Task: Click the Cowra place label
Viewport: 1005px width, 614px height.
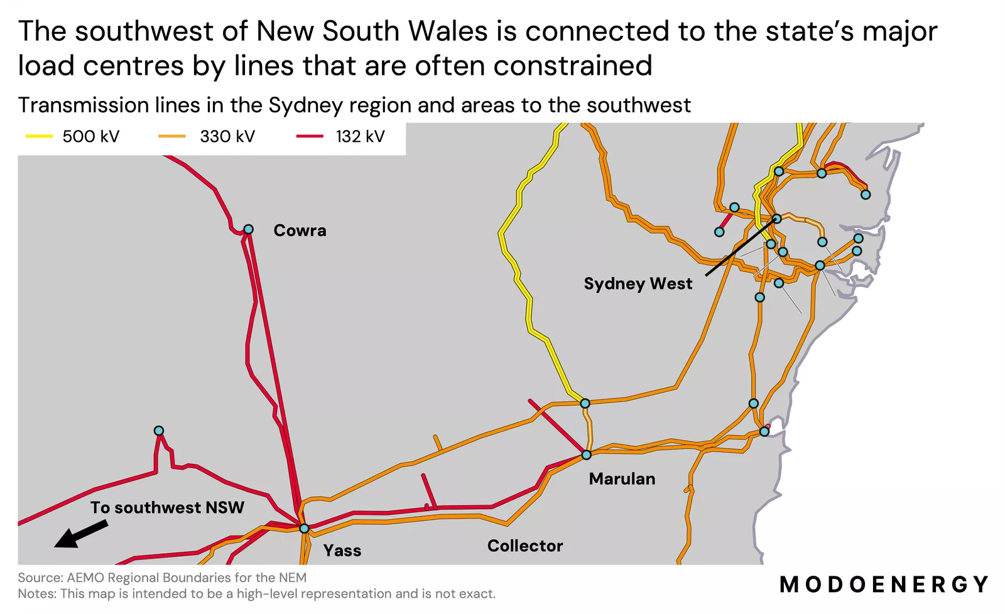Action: [x=300, y=230]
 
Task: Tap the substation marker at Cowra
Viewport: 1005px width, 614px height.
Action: [x=248, y=229]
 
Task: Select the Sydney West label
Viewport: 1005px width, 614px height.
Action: [x=638, y=284]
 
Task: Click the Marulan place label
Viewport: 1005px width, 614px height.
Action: [x=622, y=479]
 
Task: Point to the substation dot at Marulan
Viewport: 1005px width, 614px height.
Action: [x=587, y=455]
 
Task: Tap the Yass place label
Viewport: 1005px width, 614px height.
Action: [x=342, y=551]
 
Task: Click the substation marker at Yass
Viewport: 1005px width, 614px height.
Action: [x=304, y=529]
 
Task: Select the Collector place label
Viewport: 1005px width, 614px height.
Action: [x=525, y=546]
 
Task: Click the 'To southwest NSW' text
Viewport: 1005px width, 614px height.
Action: [x=167, y=507]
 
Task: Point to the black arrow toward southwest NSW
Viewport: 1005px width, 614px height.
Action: [x=80, y=534]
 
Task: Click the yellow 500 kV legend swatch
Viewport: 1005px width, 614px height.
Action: [x=39, y=136]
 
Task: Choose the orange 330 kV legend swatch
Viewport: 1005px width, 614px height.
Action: [x=172, y=136]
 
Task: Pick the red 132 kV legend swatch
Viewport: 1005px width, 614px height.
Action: [x=310, y=136]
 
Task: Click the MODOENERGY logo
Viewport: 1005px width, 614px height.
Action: [x=884, y=584]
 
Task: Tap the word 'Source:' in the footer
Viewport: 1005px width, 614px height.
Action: [x=40, y=578]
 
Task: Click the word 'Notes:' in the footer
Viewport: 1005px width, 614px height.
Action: [x=37, y=594]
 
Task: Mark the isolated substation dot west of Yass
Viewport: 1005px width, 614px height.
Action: [x=159, y=431]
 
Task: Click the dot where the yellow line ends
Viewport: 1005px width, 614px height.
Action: [x=585, y=403]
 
